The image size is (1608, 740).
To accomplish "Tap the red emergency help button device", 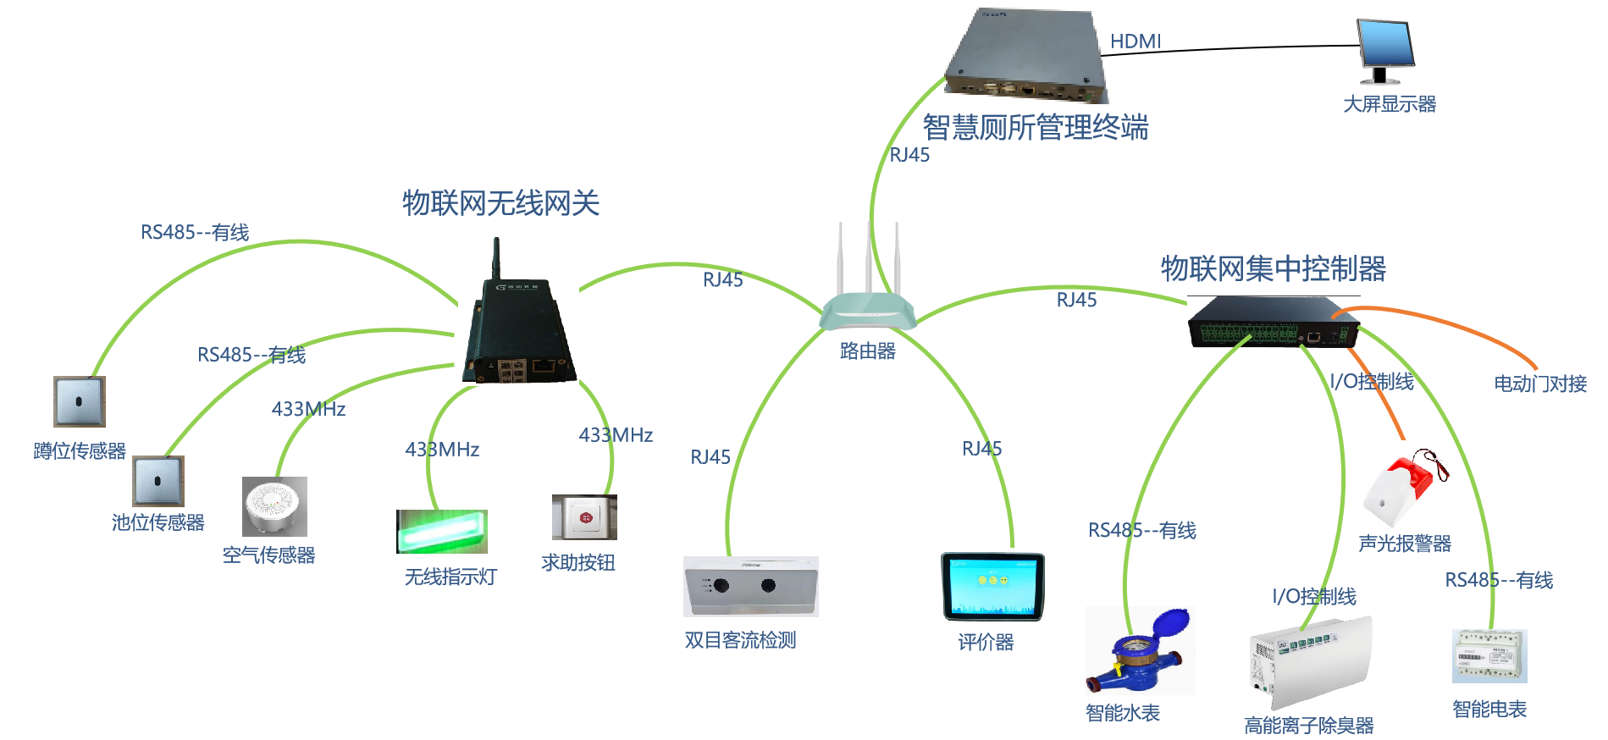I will [583, 517].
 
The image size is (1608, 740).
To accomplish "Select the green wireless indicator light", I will [443, 530].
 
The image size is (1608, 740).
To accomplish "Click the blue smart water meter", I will [1140, 651].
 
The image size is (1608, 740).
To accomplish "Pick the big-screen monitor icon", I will [1384, 52].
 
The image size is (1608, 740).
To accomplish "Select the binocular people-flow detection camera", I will [750, 586].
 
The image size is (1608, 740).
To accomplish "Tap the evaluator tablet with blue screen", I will [992, 586].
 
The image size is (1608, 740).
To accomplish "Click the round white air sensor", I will [274, 506].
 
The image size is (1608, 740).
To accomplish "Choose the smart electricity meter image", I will [1489, 656].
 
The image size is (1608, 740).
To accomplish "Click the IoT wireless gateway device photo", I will [518, 310].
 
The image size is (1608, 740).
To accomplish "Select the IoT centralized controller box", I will [1273, 323].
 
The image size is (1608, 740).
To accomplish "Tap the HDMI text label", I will [1136, 41].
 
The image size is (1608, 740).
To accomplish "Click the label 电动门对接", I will [1540, 384].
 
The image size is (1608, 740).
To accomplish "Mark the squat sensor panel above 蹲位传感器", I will [80, 401].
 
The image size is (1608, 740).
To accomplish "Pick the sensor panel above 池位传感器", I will [158, 481].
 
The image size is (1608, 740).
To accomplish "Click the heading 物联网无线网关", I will [500, 203].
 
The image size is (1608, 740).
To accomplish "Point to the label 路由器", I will [867, 351].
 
